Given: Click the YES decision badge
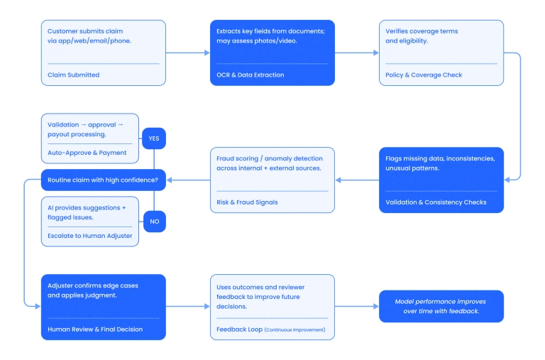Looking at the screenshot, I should pos(154,138).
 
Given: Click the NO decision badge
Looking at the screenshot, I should pos(154,222).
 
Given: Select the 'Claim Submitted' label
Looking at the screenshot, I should pos(74,75).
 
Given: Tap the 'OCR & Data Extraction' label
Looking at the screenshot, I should pos(250,75).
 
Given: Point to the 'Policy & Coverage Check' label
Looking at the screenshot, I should pos(424,75).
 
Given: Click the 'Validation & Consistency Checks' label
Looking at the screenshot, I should pos(436,202).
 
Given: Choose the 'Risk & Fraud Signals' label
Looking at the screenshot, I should pos(247,202).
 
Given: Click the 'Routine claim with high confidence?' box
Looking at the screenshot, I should pos(103,180).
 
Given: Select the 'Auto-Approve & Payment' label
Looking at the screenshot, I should pos(87,152).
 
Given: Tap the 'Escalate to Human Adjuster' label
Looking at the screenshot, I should pos(90,235).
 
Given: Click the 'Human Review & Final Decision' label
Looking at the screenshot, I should pos(95,329).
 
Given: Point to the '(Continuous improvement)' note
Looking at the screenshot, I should pos(295,329).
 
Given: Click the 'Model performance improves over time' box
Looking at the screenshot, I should pos(441,306).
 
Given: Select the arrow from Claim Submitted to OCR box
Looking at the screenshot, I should pos(187,53).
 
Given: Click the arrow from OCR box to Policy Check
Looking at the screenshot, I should pos(356,53).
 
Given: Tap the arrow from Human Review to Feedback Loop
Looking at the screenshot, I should pos(187,306).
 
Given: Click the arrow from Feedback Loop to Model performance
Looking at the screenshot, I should pos(356,306).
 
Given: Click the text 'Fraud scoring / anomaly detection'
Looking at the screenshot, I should pos(269,158).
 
